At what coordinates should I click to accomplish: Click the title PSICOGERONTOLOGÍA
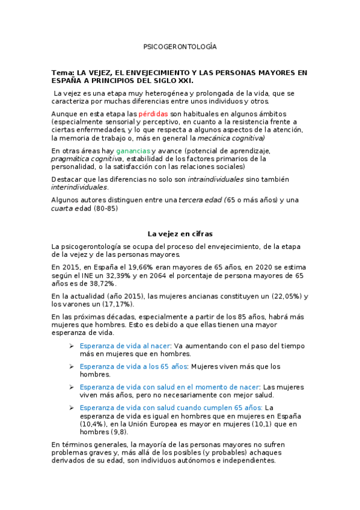pyautogui.click(x=180, y=46)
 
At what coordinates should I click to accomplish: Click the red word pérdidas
pyautogui.click(x=153, y=114)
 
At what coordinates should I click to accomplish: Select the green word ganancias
pyautogui.click(x=133, y=150)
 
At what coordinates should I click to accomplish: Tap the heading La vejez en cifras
pyautogui.click(x=180, y=233)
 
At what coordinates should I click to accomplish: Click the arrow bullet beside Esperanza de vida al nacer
pyautogui.click(x=72, y=346)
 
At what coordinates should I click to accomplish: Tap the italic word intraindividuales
pyautogui.click(x=216, y=179)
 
